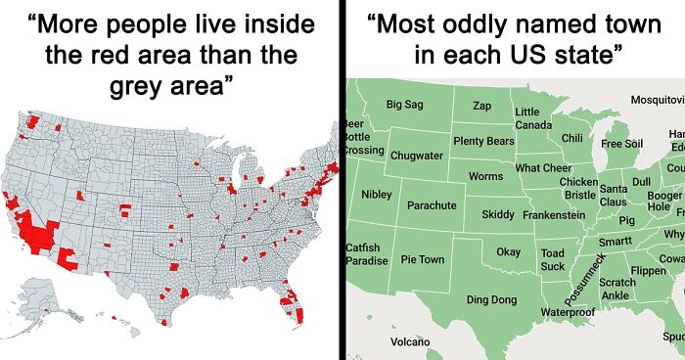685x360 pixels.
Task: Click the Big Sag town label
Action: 405,104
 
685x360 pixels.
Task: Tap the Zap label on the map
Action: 482,105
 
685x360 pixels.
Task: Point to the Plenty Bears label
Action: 483,142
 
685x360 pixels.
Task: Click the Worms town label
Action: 486,176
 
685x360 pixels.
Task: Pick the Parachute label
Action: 432,205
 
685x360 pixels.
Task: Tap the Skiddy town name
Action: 498,214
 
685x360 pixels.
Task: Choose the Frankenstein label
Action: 554,214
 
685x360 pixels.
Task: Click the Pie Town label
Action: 423,260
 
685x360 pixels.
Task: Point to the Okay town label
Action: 509,252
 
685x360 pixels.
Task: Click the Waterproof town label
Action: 568,311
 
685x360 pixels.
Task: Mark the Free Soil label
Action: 621,144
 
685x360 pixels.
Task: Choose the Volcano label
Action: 410,341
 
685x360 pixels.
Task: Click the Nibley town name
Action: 377,194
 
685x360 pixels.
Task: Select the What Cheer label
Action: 543,168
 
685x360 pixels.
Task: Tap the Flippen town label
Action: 649,270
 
